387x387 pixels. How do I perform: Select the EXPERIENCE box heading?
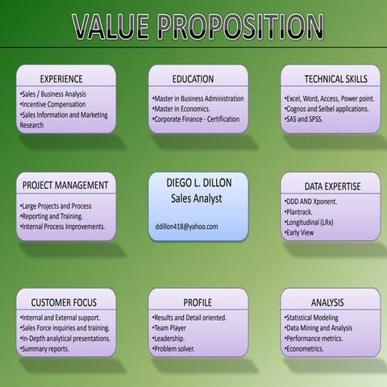click(62, 79)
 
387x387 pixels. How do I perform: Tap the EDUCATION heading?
click(193, 79)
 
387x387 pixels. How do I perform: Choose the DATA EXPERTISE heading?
click(332, 186)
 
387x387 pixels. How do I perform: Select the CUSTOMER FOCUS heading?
click(64, 302)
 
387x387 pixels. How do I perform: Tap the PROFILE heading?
click(198, 302)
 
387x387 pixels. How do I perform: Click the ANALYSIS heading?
click(327, 302)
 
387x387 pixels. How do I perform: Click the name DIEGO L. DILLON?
click(198, 183)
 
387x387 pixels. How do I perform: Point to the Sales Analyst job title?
click(196, 198)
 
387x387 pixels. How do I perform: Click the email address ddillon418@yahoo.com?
click(187, 227)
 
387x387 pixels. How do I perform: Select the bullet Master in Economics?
click(181, 109)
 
